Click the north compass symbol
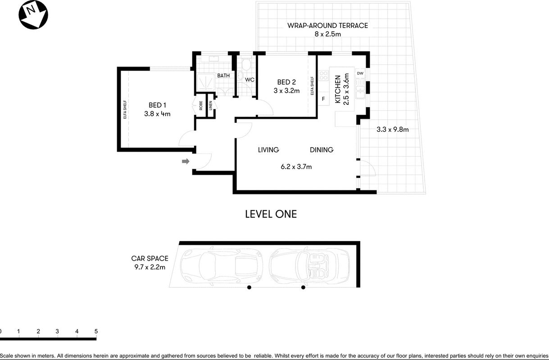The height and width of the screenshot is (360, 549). [33, 15]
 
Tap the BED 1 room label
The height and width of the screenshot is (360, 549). [157, 105]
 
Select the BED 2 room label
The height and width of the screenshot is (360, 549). [286, 82]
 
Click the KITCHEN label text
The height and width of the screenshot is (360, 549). [338, 89]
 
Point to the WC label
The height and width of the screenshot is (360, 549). [250, 80]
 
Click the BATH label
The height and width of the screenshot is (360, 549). [223, 76]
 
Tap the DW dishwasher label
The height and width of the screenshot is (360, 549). [360, 73]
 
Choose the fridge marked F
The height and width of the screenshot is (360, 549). [323, 99]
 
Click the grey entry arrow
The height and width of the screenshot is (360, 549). [186, 161]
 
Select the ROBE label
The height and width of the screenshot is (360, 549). [201, 106]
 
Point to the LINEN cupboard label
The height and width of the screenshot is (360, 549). [210, 106]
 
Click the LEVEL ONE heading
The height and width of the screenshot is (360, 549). [271, 214]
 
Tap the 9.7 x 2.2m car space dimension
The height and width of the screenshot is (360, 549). [150, 267]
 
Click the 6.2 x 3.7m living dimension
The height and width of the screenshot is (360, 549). [296, 167]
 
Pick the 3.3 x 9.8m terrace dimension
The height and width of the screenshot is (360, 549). [393, 129]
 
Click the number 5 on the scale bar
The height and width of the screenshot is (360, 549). [96, 331]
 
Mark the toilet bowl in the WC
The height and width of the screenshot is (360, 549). [246, 65]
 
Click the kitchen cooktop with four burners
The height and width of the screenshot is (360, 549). [323, 75]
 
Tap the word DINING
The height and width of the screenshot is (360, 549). [322, 150]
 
